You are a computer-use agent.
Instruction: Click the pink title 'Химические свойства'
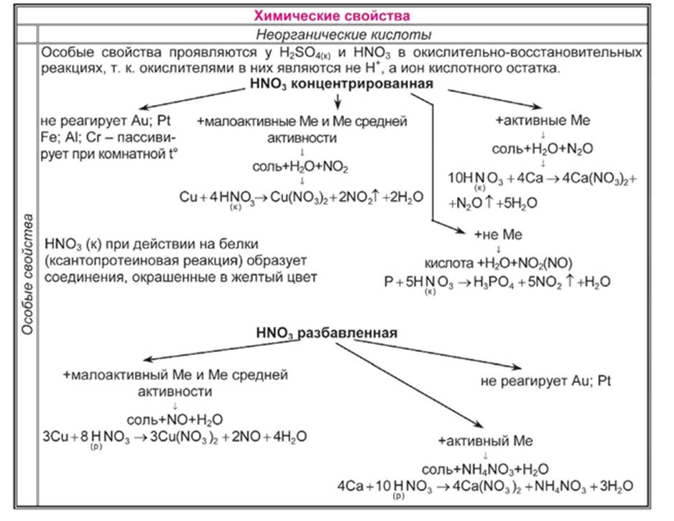pyautogui.click(x=338, y=15)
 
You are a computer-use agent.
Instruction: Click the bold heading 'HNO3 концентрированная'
pyautogui.click(x=343, y=85)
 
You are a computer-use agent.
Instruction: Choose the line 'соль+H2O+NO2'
pyautogui.click(x=300, y=167)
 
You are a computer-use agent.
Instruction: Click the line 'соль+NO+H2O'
pyautogui.click(x=175, y=420)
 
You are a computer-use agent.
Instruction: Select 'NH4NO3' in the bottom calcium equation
pyautogui.click(x=550, y=487)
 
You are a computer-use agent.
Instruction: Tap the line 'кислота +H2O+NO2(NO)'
pyautogui.click(x=498, y=264)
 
